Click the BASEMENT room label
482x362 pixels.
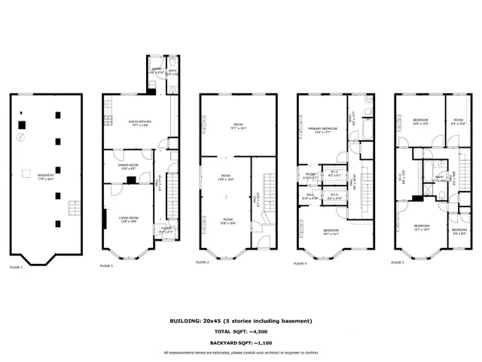pos(35,175)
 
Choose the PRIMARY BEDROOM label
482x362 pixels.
pos(321,130)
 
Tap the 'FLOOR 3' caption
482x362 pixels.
pos(202,262)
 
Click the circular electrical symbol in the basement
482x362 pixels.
pos(21,138)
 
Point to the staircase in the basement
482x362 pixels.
pos(73,208)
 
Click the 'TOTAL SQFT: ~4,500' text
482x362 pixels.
pos(241,332)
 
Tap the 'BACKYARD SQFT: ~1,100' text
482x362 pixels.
pos(241,342)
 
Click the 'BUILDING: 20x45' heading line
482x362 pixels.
pos(241,321)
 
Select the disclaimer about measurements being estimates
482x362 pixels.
pos(241,352)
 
